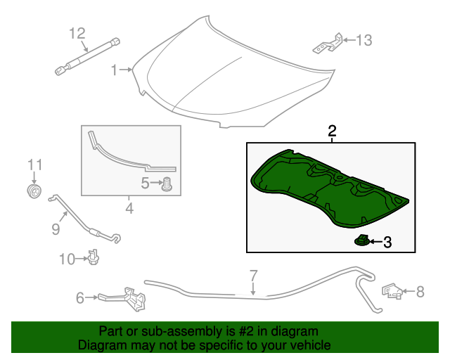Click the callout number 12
pos(77,33)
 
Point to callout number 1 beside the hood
pos(114,70)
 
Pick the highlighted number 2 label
pos(332,131)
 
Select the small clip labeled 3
pos(361,242)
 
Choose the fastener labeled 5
pos(168,185)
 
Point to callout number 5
pos(146,184)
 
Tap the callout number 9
pos(56,228)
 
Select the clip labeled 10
pos(92,258)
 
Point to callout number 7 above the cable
pos(253,275)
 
